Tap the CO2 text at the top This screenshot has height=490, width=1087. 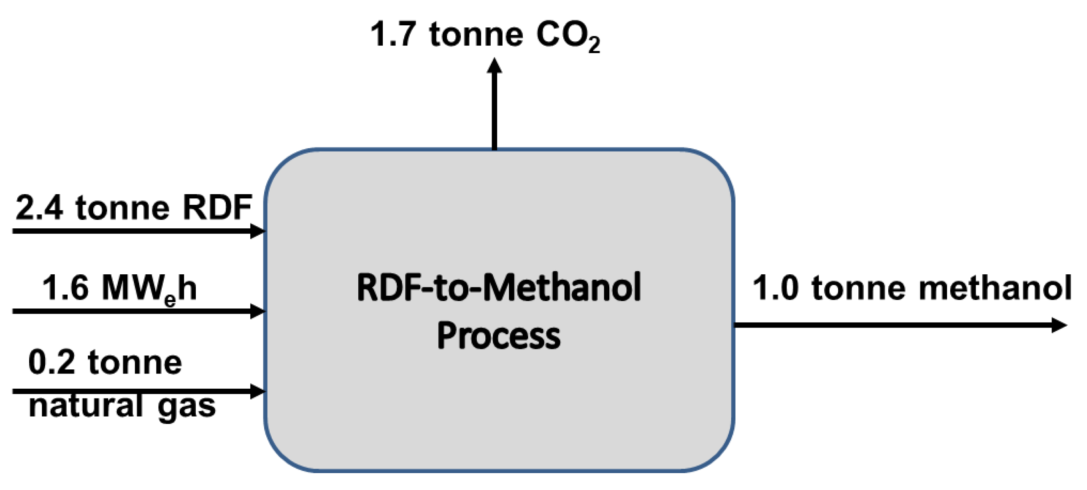[x=567, y=36]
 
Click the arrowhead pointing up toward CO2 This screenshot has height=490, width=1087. [x=494, y=66]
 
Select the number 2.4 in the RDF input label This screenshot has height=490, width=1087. [x=39, y=208]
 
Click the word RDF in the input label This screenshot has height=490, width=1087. [x=217, y=208]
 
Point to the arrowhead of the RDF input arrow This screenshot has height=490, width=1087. [x=257, y=231]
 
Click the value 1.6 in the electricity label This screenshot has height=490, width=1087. [x=65, y=288]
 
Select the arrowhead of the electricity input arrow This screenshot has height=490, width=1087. [x=257, y=311]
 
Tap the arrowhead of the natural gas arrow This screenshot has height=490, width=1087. [x=257, y=391]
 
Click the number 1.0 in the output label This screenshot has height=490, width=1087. [x=775, y=288]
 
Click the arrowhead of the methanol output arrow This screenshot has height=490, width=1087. [x=1059, y=325]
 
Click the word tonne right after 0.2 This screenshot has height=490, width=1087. [x=135, y=362]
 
